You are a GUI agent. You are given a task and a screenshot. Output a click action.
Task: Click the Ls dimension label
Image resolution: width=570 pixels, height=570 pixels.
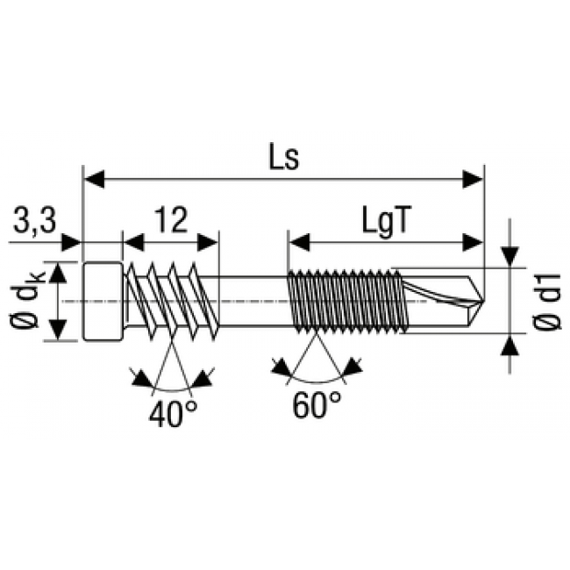pos(284,156)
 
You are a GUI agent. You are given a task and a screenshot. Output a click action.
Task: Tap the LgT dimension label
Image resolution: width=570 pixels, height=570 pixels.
pos(386,221)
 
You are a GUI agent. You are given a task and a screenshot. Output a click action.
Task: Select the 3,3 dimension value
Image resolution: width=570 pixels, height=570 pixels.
pos(35,221)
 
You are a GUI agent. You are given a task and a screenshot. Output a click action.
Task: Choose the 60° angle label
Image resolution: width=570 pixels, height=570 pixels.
pos(317,404)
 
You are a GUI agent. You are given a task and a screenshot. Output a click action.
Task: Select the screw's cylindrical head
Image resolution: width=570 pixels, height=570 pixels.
pos(103,302)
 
